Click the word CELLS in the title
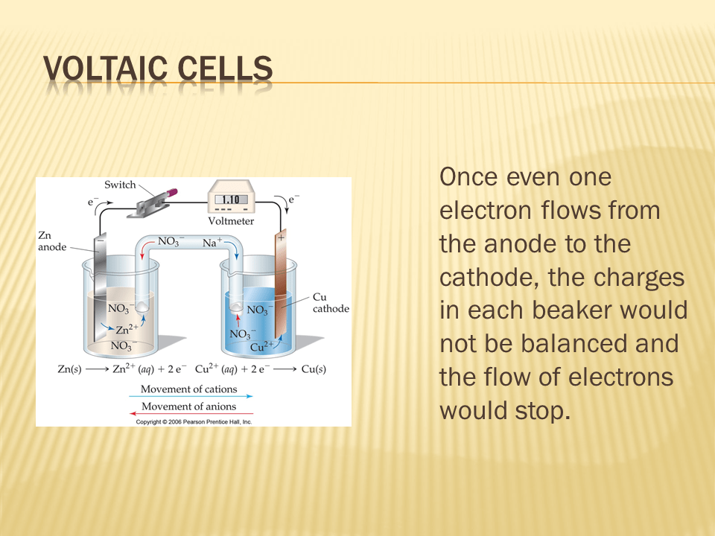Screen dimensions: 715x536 [225, 68]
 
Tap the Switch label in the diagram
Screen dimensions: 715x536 [120, 185]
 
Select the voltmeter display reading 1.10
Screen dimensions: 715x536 [231, 200]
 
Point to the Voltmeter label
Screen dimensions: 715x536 [231, 221]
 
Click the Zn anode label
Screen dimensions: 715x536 [52, 241]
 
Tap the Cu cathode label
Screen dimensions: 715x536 [331, 303]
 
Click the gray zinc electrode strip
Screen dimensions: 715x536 [100, 288]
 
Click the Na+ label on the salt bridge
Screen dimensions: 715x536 [212, 242]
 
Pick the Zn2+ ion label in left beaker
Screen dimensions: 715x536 [127, 328]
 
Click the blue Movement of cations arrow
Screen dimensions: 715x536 [191, 397]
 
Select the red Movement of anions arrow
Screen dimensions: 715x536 [191, 413]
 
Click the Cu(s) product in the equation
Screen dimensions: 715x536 [314, 368]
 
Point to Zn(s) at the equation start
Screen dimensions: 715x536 [70, 368]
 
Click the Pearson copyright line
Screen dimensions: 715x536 [194, 422]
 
